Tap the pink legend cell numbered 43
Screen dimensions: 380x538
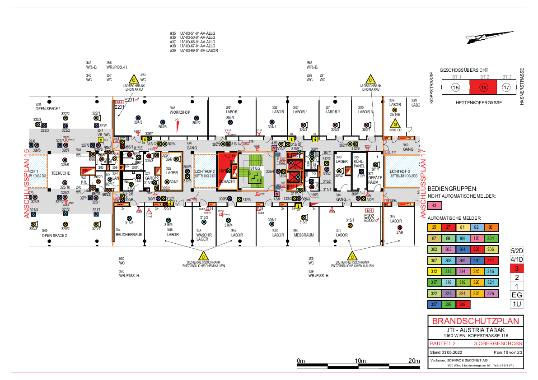[x=435, y=206]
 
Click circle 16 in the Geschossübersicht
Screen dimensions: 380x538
[x=483, y=88]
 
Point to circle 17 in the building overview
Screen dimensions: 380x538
[x=506, y=88]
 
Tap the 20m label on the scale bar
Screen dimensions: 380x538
[x=414, y=361]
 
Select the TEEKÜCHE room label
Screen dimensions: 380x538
[x=60, y=172]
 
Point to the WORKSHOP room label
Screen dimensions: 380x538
[x=180, y=112]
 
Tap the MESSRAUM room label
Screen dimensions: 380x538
[x=304, y=235]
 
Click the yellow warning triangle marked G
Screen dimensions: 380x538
[x=395, y=124]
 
